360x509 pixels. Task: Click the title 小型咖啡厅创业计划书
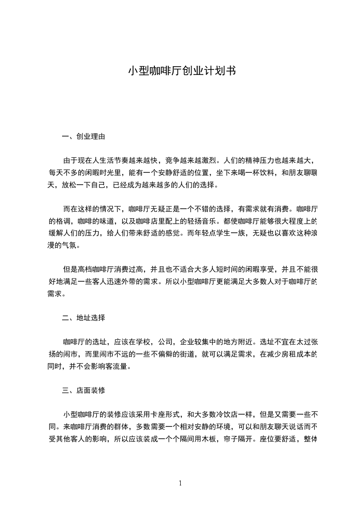tap(181, 71)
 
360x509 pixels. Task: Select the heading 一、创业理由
tap(84, 136)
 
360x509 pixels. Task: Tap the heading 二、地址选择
tap(84, 318)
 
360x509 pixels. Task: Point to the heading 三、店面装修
tap(84, 390)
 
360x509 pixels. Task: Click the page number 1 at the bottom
tap(180, 483)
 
